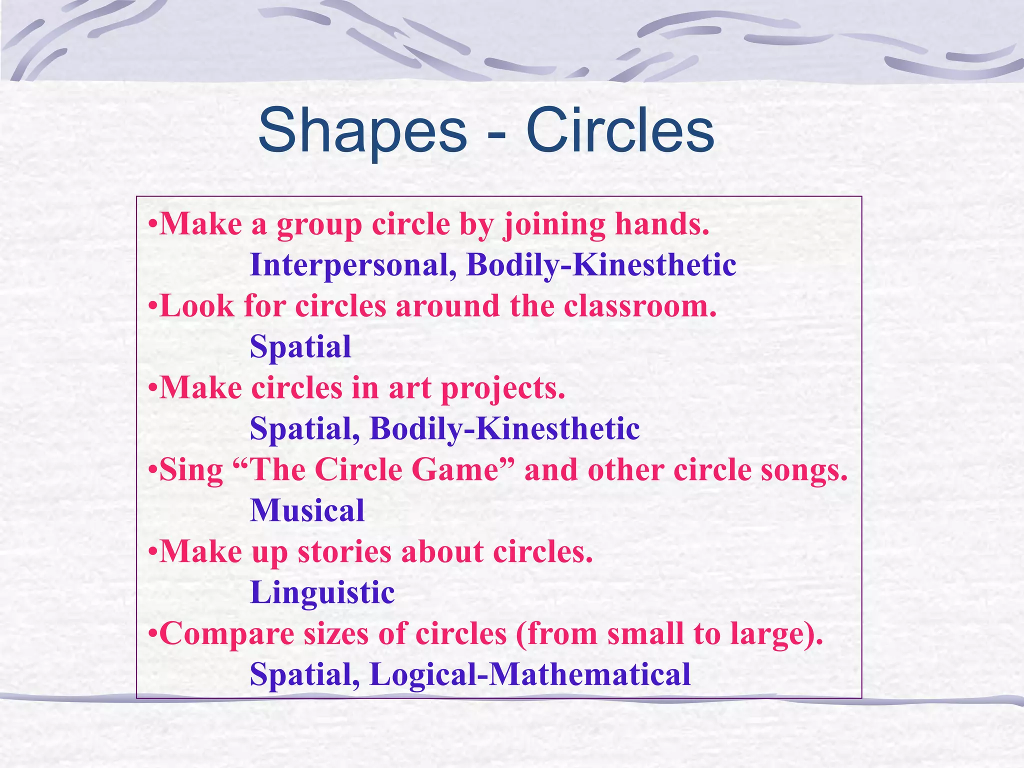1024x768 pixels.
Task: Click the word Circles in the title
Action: click(x=620, y=131)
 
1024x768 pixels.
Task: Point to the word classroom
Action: click(x=640, y=306)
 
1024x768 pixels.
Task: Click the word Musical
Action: click(x=307, y=511)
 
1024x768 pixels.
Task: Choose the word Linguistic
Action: click(x=322, y=593)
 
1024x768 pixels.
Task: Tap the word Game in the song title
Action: click(x=455, y=470)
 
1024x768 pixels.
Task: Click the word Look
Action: click(x=196, y=306)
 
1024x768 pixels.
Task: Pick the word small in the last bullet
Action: click(x=645, y=634)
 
